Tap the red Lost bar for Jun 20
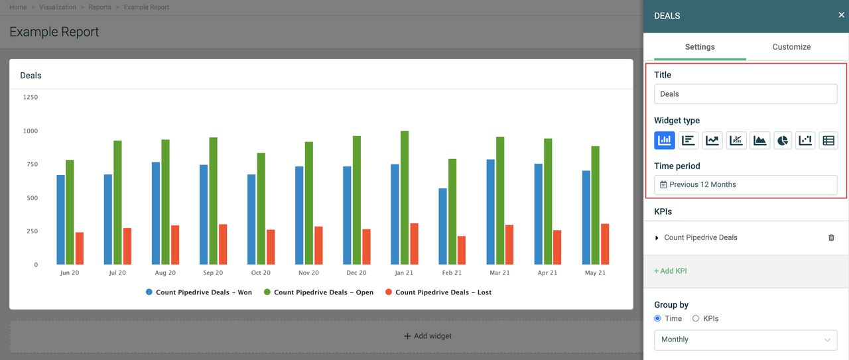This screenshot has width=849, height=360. pos(80,248)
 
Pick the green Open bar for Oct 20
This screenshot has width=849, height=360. pos(261,208)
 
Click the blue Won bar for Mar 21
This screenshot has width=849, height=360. pos(491,211)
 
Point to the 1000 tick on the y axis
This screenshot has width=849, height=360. pos(30,131)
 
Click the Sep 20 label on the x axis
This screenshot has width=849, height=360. pos(213,272)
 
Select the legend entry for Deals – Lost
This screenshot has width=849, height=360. pos(438,292)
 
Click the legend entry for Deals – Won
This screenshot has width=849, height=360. pos(199,292)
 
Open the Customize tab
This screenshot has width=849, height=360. pos(791,47)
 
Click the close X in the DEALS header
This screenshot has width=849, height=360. pos(842,15)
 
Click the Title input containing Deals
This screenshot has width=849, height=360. pos(746,94)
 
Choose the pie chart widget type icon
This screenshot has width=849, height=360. pos(783,140)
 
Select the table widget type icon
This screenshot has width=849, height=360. pos(828,140)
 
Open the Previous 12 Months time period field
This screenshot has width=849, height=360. pos(746,184)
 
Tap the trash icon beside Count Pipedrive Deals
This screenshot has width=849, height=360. pos(831,237)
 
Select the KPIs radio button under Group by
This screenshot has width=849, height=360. pos(696,319)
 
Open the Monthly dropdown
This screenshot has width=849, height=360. pos(746,339)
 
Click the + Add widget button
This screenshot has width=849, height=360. pos(428,336)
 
